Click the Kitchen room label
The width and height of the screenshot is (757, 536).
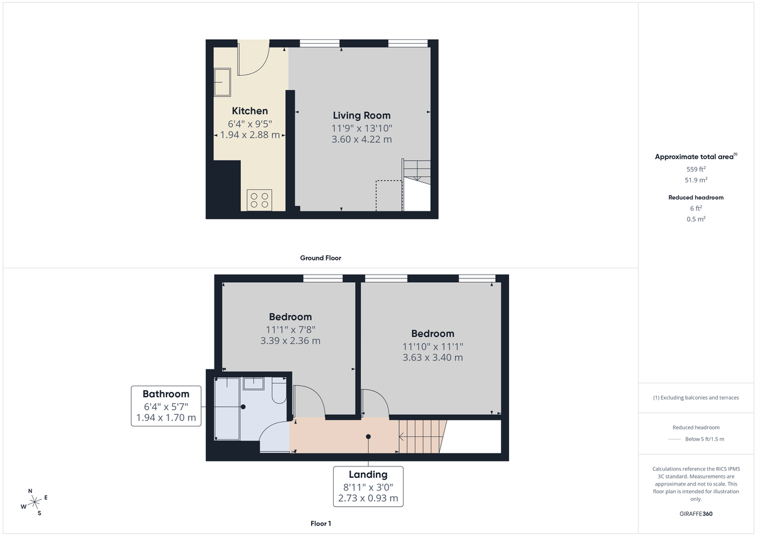coord(250,111)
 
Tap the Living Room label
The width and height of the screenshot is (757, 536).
coord(361,116)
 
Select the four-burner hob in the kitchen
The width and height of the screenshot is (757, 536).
coord(259,200)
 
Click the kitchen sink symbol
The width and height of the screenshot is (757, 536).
coord(222,82)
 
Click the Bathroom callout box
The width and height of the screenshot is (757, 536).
coord(166,406)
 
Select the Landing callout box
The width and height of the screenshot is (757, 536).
coord(368,486)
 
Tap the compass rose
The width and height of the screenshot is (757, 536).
coord(35,502)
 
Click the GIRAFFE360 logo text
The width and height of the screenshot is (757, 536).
coord(697,514)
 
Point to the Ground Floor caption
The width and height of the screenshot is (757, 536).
coord(321,258)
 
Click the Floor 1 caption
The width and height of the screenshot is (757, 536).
coord(321,523)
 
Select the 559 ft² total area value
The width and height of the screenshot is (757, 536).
coord(696,169)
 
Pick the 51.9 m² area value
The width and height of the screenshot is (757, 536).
coord(696,180)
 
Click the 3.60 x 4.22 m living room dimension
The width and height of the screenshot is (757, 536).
coord(361,140)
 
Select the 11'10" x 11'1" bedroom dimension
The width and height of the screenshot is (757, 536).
coord(433,346)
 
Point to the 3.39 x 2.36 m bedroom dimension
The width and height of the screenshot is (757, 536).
coord(290,341)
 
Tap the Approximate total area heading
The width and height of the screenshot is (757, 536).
coord(696,156)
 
